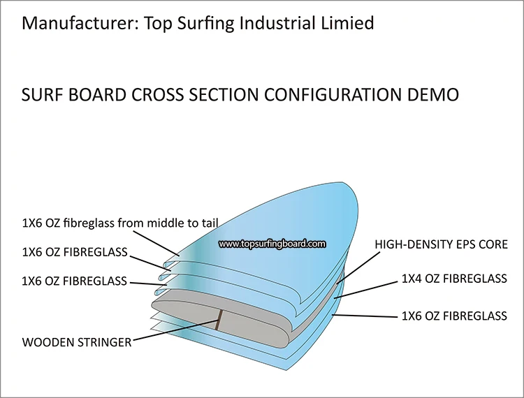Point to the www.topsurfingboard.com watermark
272,244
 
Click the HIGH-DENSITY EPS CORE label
441,245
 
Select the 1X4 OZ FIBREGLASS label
454,279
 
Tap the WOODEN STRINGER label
77,342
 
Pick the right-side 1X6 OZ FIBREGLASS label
454,316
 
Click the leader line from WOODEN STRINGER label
175,331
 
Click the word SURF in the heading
43,94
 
